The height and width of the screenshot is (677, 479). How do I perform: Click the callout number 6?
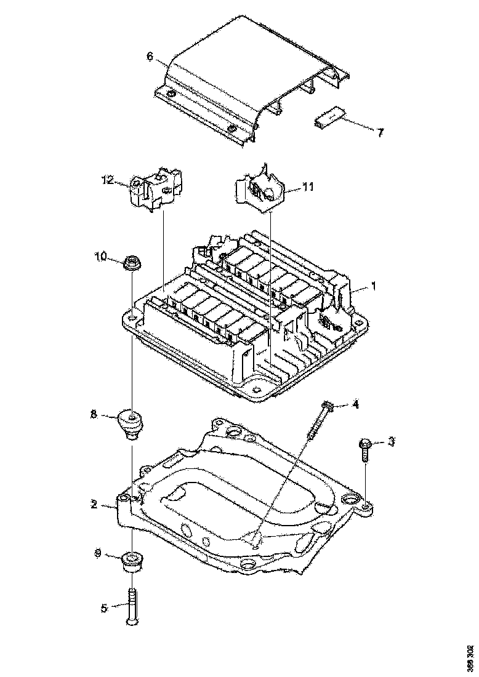click(150, 57)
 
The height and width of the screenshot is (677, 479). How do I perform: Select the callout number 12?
click(108, 180)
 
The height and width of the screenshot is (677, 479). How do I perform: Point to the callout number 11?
click(308, 187)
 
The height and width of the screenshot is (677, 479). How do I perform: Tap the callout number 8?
click(94, 415)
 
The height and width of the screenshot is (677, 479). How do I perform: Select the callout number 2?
click(93, 504)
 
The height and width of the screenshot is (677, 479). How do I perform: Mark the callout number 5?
click(103, 607)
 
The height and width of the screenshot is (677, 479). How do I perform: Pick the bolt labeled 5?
click(132, 607)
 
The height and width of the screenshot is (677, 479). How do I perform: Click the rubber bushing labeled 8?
click(131, 424)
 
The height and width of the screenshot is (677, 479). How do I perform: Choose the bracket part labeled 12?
click(156, 188)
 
